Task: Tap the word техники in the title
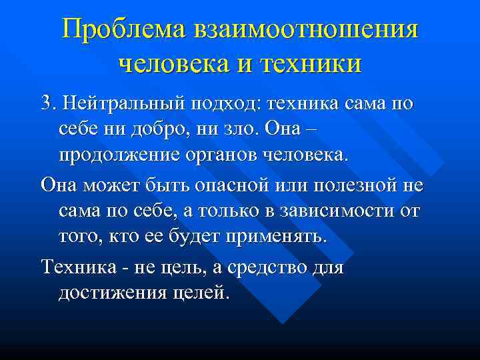(x=313, y=64)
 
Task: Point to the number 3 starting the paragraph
(x=45, y=105)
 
